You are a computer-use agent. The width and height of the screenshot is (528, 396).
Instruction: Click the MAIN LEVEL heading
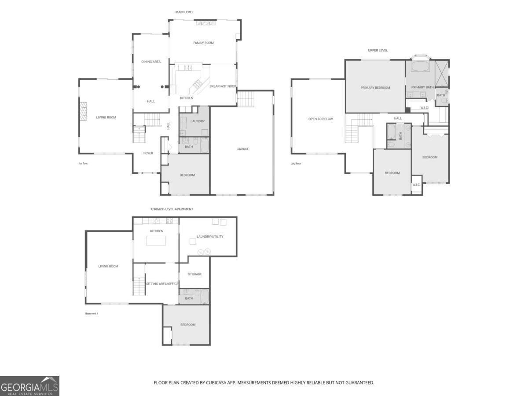tap(184, 12)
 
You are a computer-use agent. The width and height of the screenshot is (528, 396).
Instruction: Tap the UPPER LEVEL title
tap(378, 50)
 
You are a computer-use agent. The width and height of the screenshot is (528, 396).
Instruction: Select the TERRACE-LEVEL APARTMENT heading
tap(172, 209)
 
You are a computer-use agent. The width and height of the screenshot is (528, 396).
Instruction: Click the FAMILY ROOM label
tap(203, 43)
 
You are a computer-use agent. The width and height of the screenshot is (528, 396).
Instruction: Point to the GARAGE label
tap(242, 149)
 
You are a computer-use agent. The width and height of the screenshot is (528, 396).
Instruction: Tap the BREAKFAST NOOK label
tap(223, 86)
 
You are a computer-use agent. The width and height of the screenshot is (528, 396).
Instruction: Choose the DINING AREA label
tap(150, 62)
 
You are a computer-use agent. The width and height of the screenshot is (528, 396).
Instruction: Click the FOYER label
tap(148, 153)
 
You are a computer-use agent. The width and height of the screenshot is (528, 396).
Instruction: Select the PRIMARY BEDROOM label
tap(375, 88)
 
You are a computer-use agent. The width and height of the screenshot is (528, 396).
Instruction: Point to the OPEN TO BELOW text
tap(320, 119)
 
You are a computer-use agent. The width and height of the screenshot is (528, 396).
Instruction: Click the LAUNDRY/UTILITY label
tap(210, 236)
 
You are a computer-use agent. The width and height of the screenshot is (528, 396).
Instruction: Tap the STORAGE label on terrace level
tap(195, 274)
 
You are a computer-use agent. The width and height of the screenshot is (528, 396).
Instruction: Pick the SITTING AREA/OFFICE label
tap(162, 284)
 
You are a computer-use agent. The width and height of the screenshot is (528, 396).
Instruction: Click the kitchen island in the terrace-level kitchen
tap(156, 241)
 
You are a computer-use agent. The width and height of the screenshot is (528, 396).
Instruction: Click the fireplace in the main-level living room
tap(83, 111)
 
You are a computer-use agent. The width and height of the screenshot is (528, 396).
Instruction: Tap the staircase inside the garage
tap(246, 99)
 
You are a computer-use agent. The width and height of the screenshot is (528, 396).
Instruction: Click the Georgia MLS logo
tap(29, 386)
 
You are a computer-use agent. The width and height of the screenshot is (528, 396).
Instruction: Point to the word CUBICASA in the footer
tap(217, 383)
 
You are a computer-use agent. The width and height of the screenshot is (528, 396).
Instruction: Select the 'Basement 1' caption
tap(92, 313)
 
